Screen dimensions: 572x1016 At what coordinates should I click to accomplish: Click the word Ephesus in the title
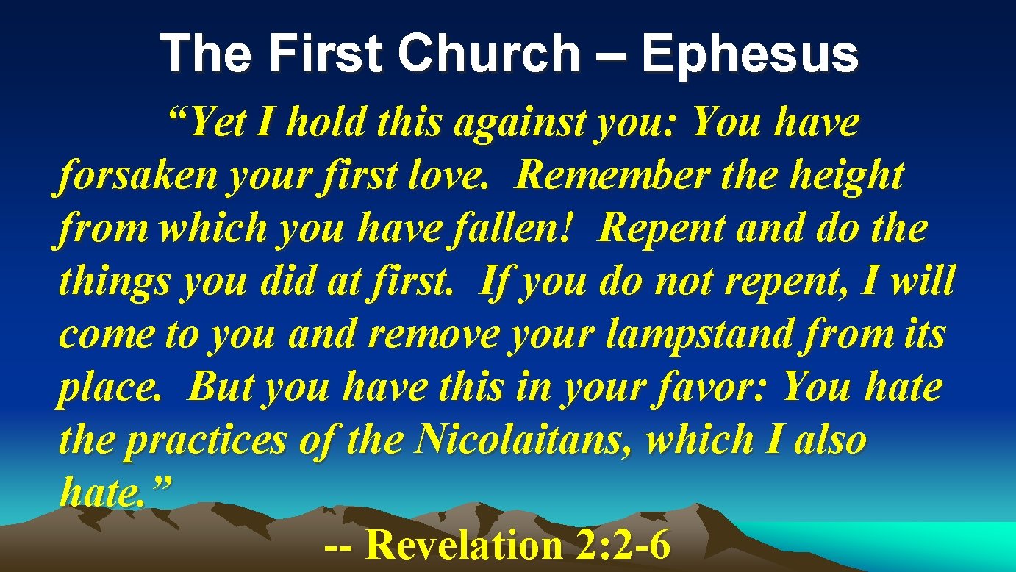[x=750, y=54]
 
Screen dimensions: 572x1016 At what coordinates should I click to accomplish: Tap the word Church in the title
[x=499, y=54]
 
